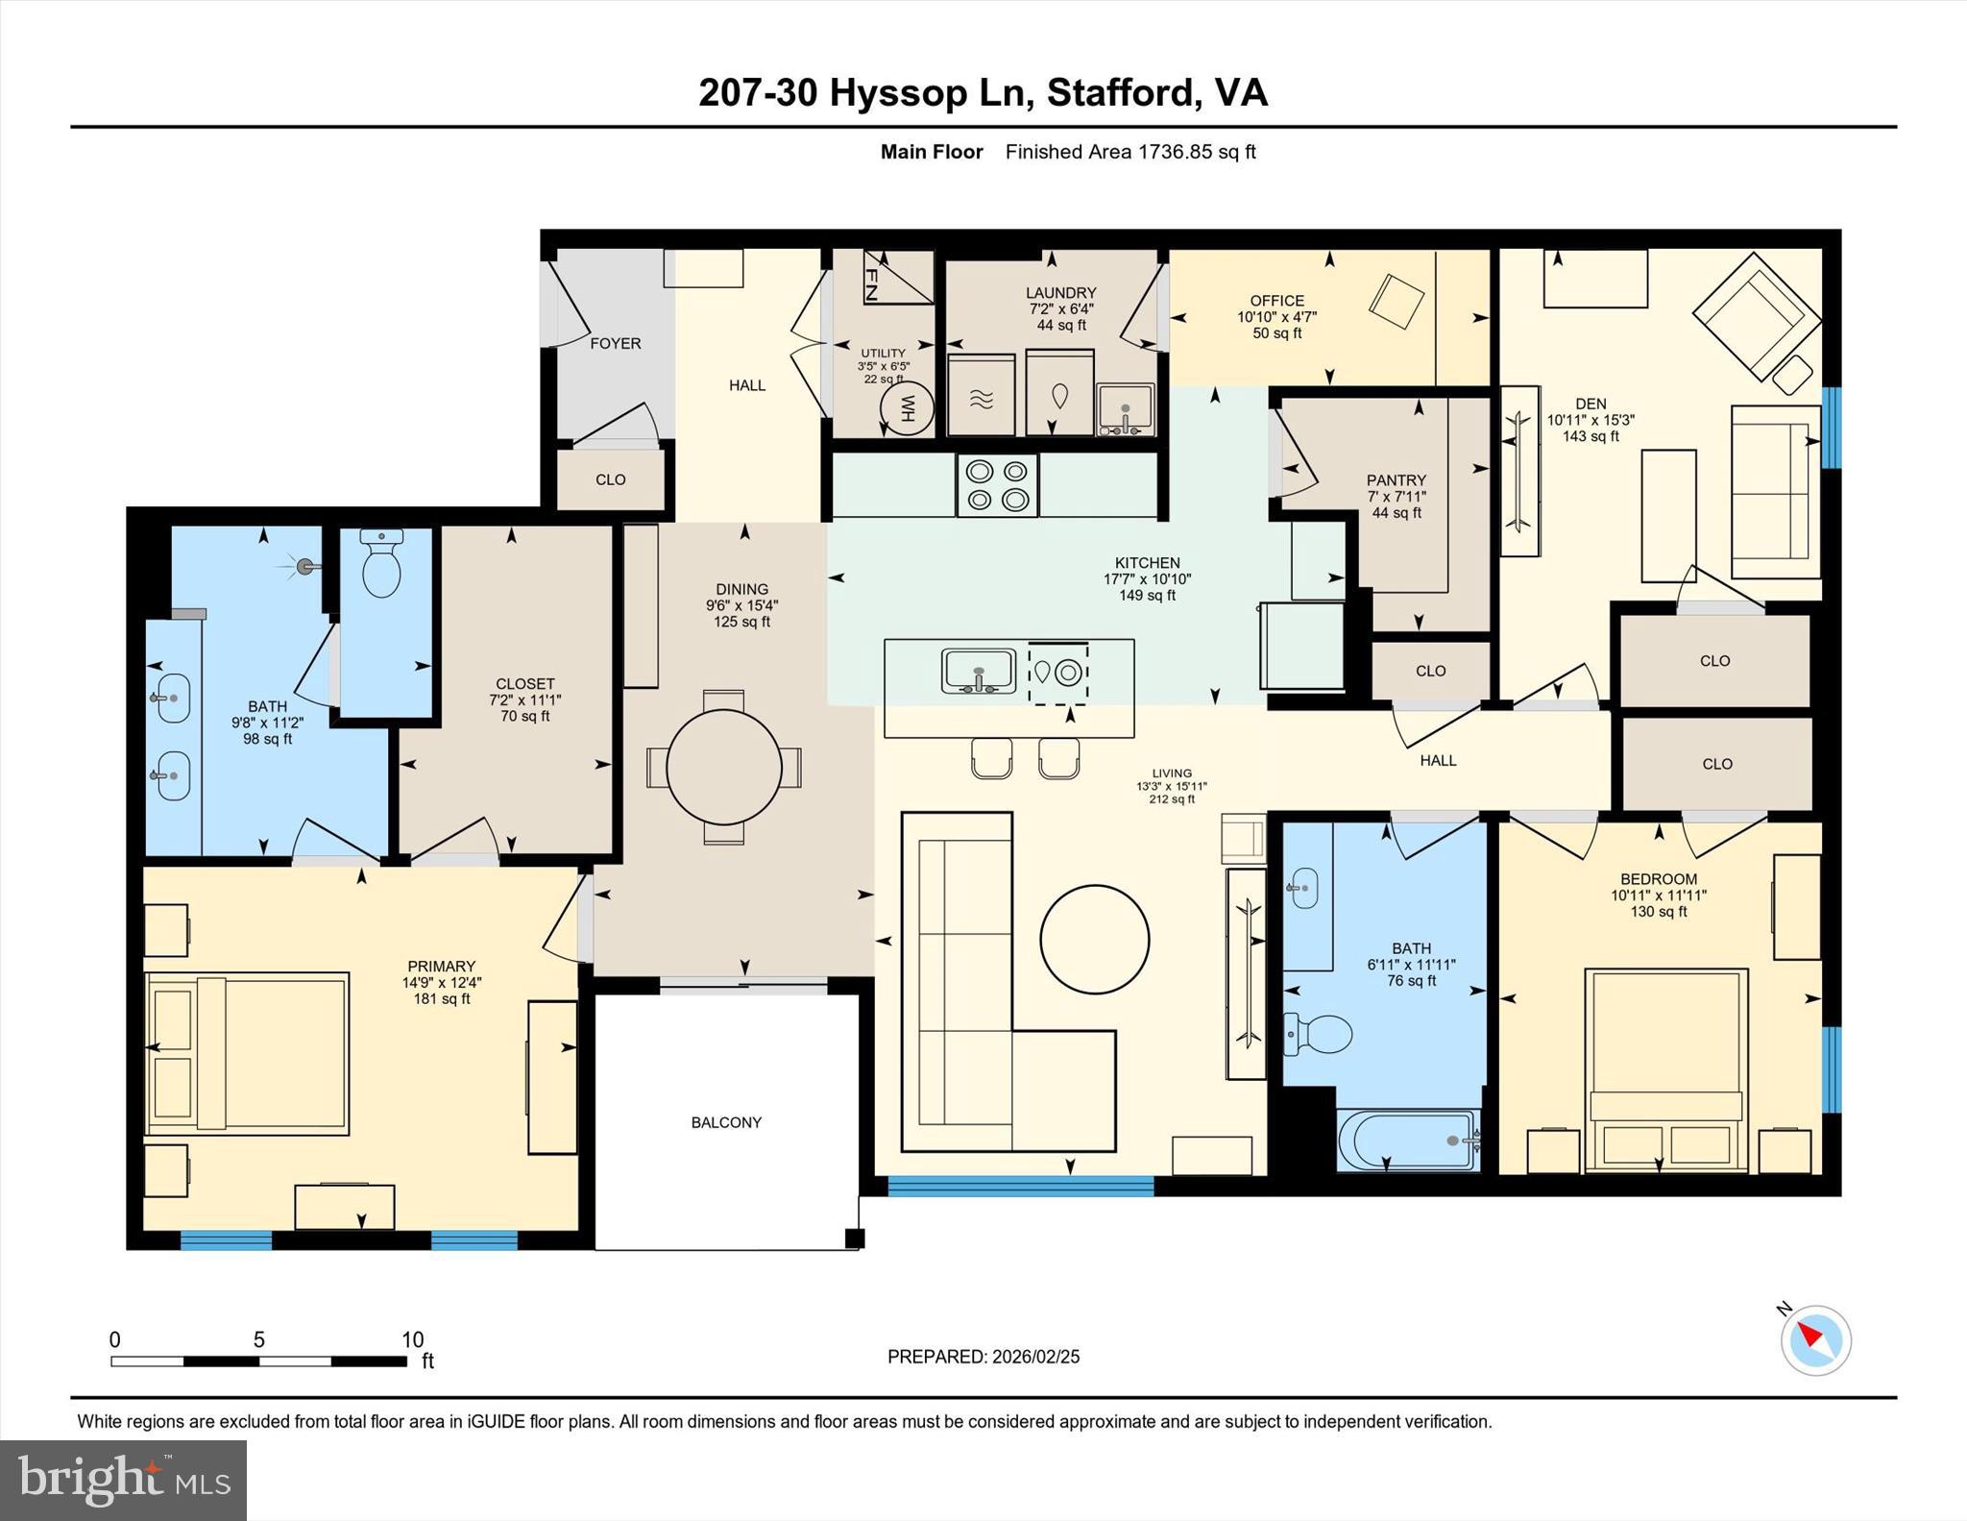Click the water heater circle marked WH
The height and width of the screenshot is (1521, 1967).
(x=907, y=410)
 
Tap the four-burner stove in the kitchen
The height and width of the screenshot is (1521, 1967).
(x=997, y=485)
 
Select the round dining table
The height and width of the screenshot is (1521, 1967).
(x=723, y=767)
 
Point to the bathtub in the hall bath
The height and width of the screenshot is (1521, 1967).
(x=1407, y=1141)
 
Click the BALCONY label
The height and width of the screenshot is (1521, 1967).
(x=726, y=1122)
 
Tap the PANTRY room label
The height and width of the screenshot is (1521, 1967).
(x=1396, y=479)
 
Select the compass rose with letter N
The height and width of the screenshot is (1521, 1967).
(x=1815, y=1339)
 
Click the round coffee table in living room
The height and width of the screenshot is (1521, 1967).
(x=1094, y=939)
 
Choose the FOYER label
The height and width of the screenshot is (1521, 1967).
(x=615, y=343)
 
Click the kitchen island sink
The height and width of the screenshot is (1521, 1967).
(x=978, y=671)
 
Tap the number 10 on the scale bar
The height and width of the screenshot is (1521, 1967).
(x=412, y=1339)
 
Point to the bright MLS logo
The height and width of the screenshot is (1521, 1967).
(x=123, y=1480)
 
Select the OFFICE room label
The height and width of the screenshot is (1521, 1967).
(x=1276, y=301)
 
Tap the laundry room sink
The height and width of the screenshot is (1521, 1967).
(x=1125, y=409)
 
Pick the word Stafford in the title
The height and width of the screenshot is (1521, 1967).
(x=1120, y=93)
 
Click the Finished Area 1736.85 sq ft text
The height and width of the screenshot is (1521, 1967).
(x=1130, y=152)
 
